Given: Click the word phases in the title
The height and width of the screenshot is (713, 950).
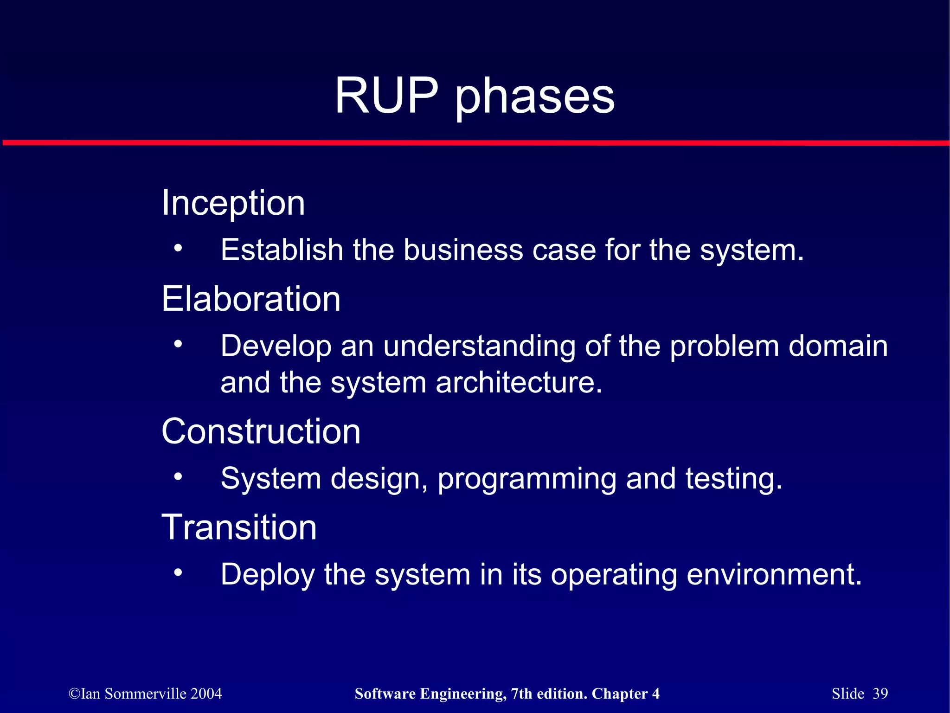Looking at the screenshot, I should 534,97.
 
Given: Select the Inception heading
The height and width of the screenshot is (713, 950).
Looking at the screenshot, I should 233,203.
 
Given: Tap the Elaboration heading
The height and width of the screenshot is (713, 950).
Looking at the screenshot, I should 251,299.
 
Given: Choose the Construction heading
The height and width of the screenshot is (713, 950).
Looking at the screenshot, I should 261,431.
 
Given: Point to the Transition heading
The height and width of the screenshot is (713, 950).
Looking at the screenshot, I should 239,527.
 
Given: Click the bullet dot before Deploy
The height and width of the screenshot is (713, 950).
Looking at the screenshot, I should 178,573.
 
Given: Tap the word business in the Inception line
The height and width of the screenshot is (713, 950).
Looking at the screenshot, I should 462,250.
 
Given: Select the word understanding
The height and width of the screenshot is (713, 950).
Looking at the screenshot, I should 479,347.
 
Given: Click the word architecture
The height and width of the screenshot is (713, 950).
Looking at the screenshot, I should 519,383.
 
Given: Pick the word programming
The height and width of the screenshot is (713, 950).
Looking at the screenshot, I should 527,479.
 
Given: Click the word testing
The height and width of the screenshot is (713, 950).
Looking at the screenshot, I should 733,479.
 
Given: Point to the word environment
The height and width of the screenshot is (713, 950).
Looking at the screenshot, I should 773,575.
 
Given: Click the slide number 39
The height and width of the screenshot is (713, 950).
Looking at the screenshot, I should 880,694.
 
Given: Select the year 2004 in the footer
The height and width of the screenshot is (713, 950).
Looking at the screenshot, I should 206,694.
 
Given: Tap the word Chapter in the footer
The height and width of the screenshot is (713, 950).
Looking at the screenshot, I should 619,694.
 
